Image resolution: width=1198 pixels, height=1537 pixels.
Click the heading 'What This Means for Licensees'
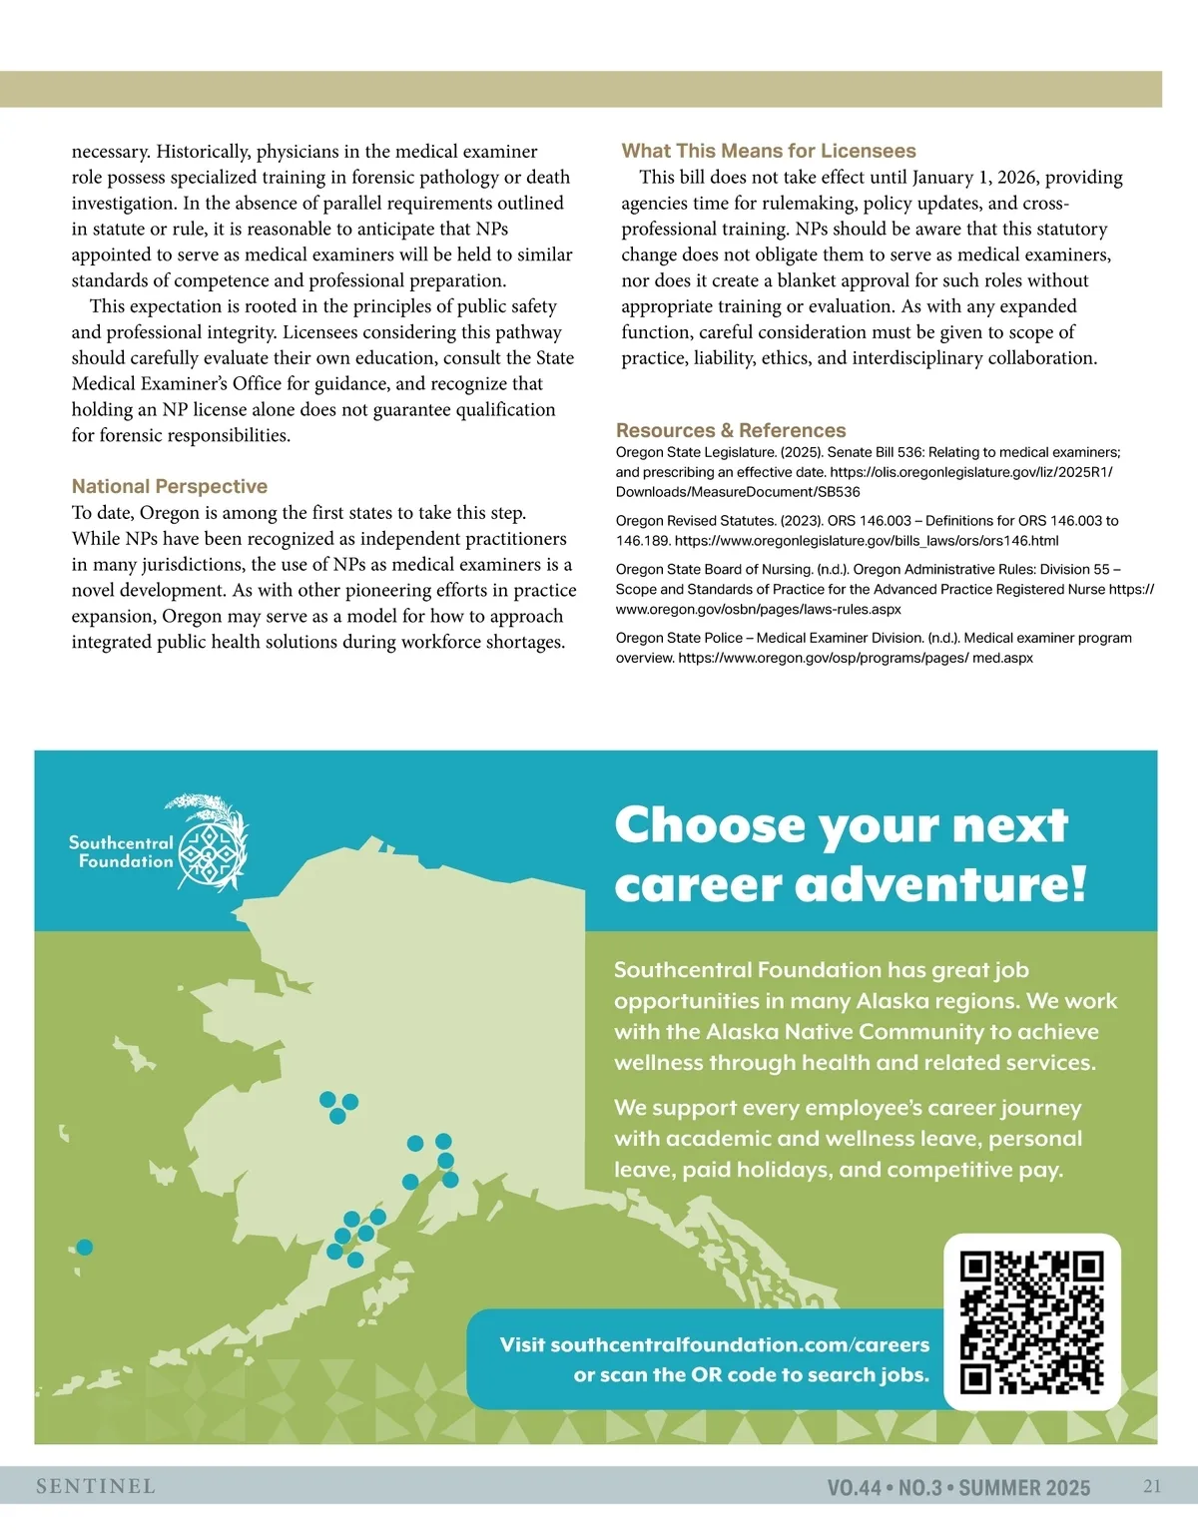pos(768,151)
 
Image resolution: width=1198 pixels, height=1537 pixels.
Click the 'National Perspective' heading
pos(170,486)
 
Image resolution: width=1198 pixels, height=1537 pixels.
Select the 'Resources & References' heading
pos(731,430)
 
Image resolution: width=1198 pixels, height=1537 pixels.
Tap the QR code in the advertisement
pos(1031,1322)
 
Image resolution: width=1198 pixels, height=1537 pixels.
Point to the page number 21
pos(1152,1486)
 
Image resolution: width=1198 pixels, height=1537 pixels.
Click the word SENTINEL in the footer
pos(96,1486)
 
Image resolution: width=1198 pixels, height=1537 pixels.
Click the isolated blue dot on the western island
pos(85,1247)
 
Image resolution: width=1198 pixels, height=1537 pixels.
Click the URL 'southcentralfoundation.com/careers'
pos(740,1344)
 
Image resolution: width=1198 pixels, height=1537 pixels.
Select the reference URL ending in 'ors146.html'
pos(867,541)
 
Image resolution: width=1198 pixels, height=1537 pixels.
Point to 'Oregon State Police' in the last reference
pos(679,638)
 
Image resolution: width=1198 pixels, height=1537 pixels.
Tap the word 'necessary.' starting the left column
pos(110,152)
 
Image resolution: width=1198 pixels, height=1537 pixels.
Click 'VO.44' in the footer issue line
pos(854,1488)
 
